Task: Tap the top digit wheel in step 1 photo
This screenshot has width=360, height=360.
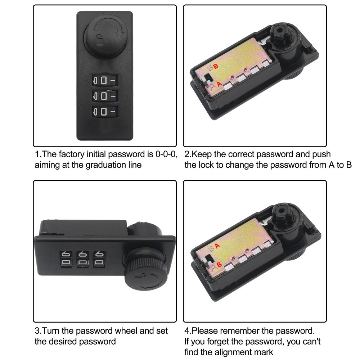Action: point(105,80)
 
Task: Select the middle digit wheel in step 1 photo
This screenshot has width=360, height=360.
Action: point(105,96)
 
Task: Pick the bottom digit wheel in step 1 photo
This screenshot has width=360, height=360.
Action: point(105,112)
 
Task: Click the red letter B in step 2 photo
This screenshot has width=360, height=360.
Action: point(216,66)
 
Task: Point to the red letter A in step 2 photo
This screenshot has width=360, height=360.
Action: point(219,84)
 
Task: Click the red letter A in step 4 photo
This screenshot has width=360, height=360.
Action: point(217,246)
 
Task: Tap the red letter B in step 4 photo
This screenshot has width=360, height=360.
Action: point(219,265)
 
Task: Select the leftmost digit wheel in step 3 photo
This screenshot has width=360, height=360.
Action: point(66,259)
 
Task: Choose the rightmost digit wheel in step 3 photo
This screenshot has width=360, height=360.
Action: point(99,259)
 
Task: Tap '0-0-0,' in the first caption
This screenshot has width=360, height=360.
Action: point(166,154)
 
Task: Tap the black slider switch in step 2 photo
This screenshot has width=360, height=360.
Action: point(208,77)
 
